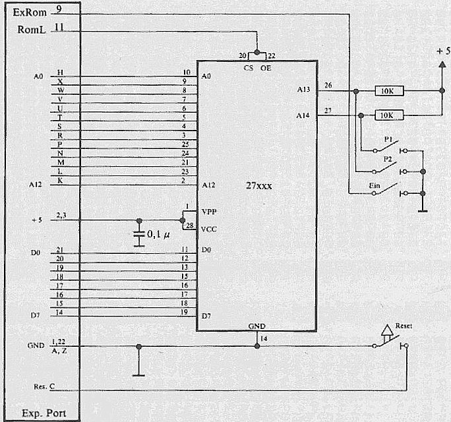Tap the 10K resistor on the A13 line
tap(388, 91)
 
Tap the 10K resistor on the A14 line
tap(388, 115)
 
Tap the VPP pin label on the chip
tap(210, 212)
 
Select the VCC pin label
tap(210, 229)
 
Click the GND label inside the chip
tap(257, 326)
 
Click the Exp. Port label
tap(42, 411)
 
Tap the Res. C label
tap(42, 387)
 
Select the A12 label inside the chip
tap(209, 185)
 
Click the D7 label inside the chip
tap(207, 315)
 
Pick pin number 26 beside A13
tap(328, 84)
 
